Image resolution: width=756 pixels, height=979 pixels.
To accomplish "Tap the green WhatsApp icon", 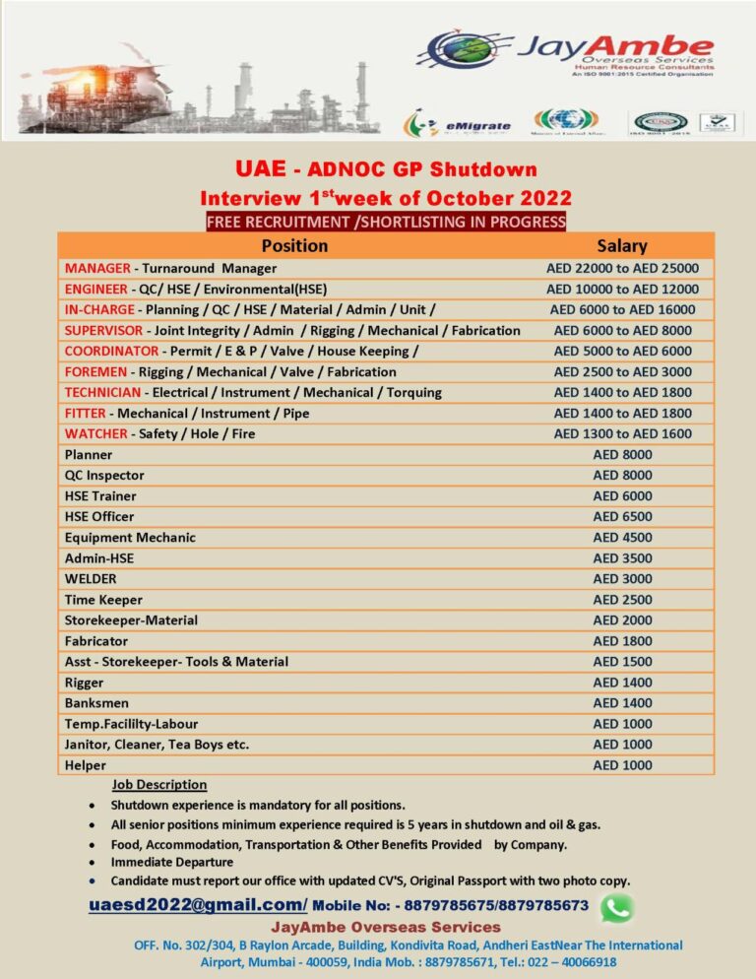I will coord(616,907).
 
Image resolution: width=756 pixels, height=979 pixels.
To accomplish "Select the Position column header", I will coord(294,245).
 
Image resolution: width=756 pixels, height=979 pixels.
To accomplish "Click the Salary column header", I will coord(622,245).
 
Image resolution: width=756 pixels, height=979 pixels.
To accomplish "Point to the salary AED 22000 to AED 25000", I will coord(622,268).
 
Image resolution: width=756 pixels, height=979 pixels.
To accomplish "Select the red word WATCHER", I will coord(95,433).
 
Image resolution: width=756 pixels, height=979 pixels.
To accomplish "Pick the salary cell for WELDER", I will coord(622,578).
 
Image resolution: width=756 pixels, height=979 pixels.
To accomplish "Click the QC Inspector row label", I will coord(104,475).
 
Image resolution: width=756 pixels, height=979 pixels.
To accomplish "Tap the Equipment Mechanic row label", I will coord(130,537).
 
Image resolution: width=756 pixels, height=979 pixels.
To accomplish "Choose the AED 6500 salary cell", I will coord(622,516).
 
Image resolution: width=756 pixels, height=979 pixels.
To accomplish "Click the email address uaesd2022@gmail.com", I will coord(196,904).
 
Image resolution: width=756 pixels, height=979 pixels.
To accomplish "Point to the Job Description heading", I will coord(159,785).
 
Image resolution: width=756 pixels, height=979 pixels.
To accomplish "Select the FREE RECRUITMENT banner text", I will coord(386,222).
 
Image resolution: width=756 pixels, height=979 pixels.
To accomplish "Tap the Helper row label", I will coord(86,764).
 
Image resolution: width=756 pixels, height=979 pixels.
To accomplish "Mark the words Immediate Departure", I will coord(172,862).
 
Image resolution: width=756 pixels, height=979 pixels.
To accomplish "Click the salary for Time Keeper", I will coord(622,599).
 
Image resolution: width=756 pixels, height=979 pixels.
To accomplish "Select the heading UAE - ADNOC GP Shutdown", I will coord(385,169).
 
